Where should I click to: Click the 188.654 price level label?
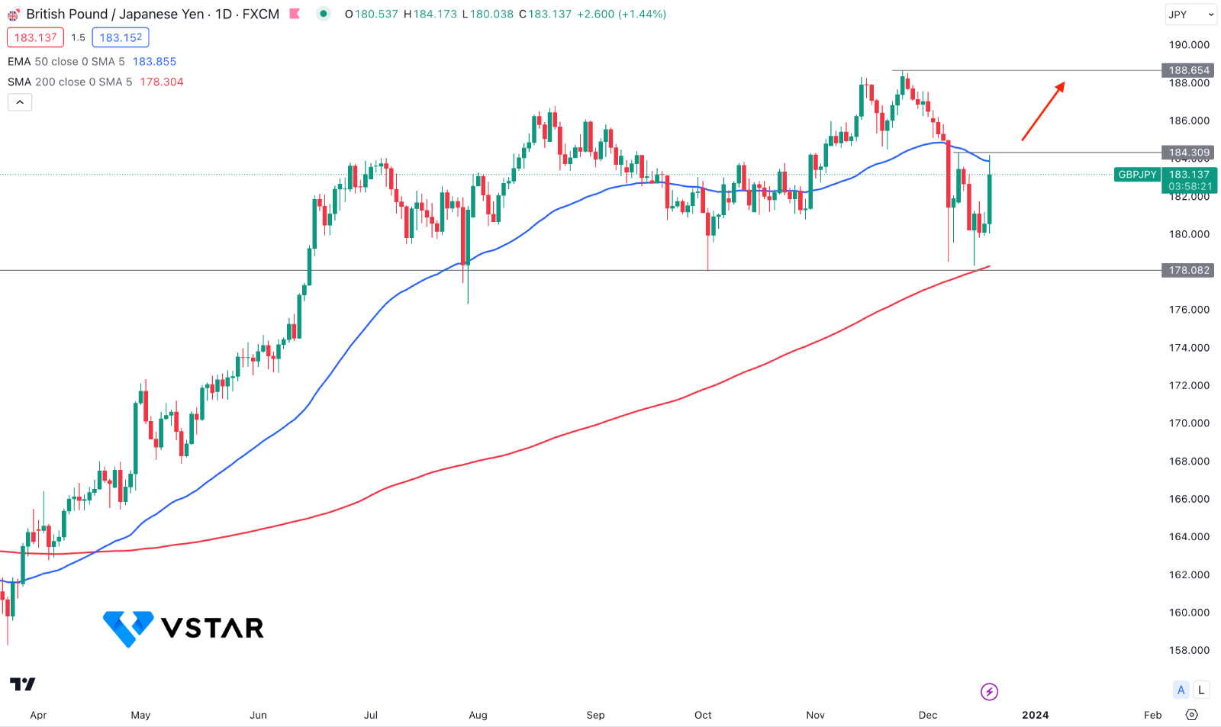click(1189, 70)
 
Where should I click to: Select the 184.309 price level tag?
click(1189, 153)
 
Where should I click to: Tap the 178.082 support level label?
click(1189, 270)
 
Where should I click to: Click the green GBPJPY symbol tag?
click(1137, 175)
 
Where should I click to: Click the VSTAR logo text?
click(212, 628)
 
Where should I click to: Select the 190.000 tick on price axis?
click(1189, 45)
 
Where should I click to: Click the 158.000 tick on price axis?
click(1189, 650)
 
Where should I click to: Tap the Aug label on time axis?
click(478, 715)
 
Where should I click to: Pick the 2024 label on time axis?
click(1035, 715)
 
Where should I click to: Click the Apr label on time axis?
click(38, 715)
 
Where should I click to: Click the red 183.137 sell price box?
click(35, 37)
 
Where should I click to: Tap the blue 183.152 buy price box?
click(121, 37)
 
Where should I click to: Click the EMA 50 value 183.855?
click(154, 62)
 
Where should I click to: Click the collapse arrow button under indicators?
click(20, 102)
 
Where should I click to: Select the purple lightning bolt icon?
click(989, 692)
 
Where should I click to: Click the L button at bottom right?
click(1201, 690)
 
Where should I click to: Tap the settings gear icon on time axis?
click(1192, 715)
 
